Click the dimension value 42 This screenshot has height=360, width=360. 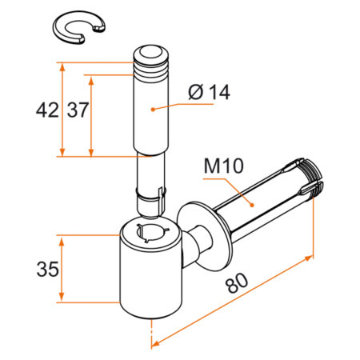pyautogui.click(x=46, y=110)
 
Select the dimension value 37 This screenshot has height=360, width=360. pyautogui.click(x=78, y=110)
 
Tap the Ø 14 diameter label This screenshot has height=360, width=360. pyautogui.click(x=210, y=93)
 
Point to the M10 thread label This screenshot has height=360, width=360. pyautogui.click(x=223, y=168)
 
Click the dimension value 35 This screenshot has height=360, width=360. pyautogui.click(x=46, y=270)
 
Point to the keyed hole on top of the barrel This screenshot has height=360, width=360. pyautogui.click(x=152, y=232)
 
